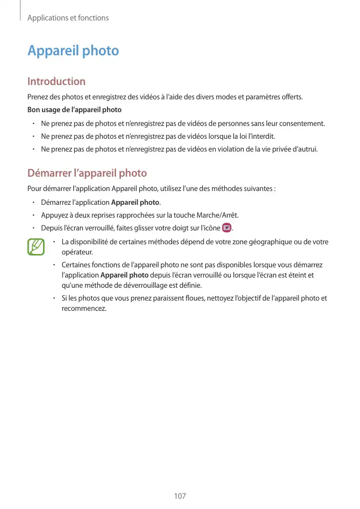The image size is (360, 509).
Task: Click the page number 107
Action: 180,496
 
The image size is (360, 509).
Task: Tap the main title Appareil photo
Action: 73,51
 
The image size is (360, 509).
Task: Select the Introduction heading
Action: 56,81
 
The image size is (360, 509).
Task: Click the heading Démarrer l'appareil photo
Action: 87,173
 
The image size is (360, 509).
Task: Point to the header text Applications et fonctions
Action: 68,18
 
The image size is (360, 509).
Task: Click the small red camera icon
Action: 227,228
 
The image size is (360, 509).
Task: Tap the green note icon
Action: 36,247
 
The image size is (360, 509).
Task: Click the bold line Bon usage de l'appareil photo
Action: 74,110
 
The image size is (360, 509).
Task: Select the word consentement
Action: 300,123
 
